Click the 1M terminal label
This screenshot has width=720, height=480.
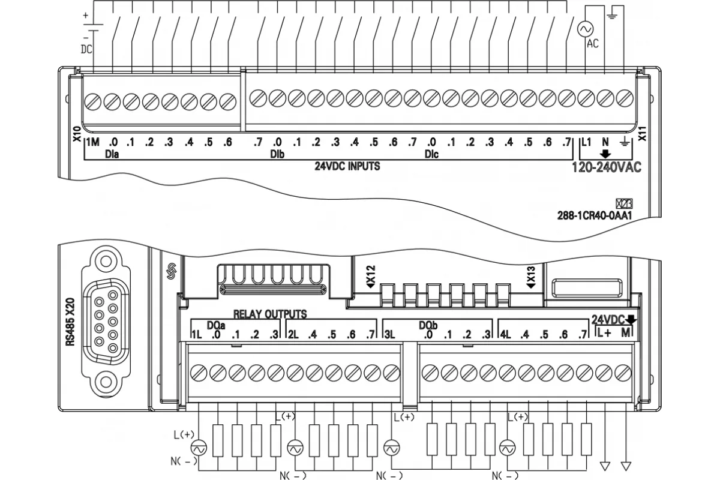tap(93, 142)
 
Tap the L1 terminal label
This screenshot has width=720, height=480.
tap(586, 142)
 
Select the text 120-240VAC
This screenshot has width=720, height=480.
tap(607, 167)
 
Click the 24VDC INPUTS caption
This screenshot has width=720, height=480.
tap(347, 166)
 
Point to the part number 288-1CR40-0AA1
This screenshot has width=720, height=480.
tap(595, 215)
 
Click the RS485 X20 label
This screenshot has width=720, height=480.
tap(70, 322)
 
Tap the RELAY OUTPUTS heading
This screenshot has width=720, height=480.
tap(270, 314)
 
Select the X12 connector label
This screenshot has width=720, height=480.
tap(371, 277)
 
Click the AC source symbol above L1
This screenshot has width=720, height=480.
tap(584, 29)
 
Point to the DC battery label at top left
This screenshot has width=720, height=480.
tap(86, 49)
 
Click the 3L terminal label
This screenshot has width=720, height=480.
tap(389, 335)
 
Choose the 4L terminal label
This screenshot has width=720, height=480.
tap(505, 335)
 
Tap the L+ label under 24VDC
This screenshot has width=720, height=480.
tap(604, 333)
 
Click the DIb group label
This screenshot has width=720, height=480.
tap(277, 154)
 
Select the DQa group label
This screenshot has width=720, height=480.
tap(215, 325)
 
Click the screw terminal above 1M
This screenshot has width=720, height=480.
tap(93, 102)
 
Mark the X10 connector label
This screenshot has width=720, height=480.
tap(77, 134)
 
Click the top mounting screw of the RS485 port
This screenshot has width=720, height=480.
tap(106, 262)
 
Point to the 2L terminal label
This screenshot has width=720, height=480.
tap(293, 335)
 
